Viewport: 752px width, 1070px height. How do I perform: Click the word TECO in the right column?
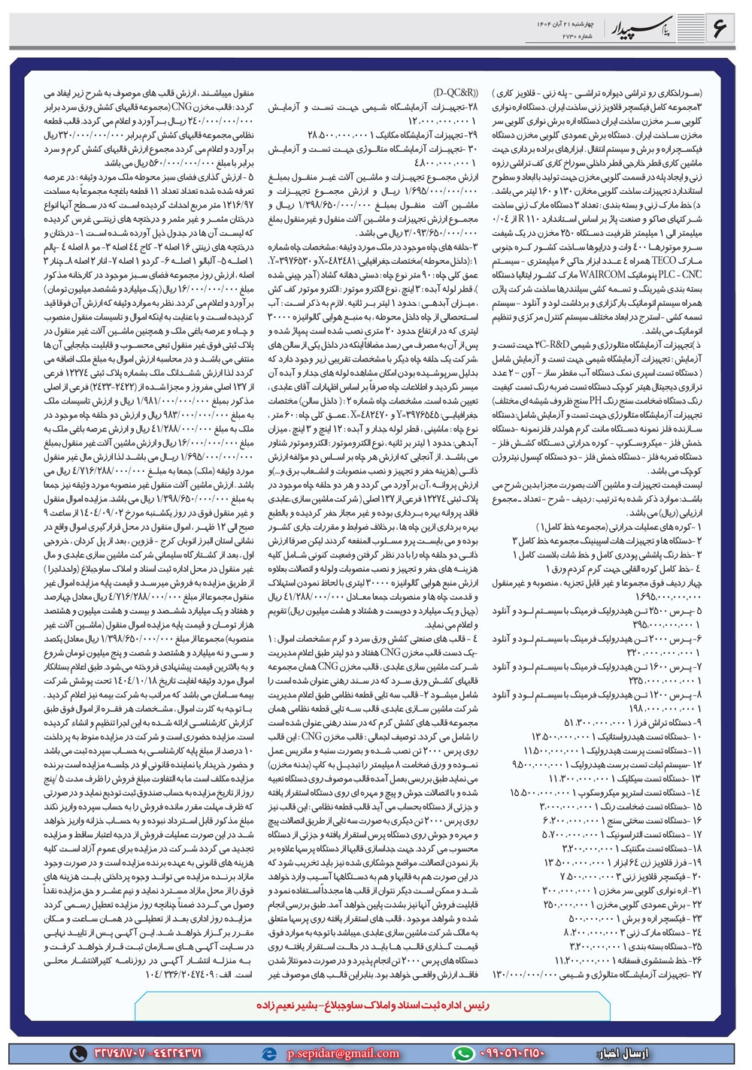[664, 260]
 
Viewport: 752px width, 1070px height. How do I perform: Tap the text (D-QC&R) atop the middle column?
[456, 93]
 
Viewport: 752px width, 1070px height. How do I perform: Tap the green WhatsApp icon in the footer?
[463, 1053]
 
